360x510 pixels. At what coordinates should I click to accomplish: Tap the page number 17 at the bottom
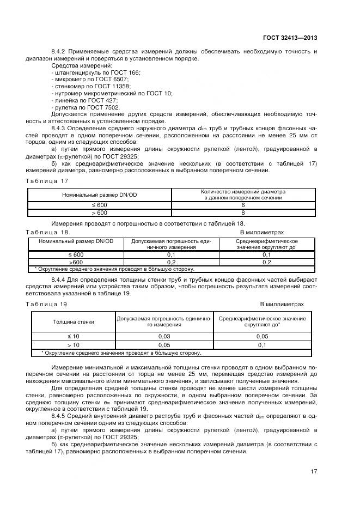point(314,471)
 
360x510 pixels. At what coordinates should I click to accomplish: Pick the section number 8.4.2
point(59,51)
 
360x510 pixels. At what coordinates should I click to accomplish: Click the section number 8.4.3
point(59,128)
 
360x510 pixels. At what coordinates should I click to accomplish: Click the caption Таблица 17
point(47,181)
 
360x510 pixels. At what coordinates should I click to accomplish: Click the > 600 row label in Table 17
point(99,212)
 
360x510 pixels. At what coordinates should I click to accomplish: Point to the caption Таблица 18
point(47,231)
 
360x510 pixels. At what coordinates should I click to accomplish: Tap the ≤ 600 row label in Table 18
point(76,254)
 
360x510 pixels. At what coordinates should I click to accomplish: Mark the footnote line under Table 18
point(114,269)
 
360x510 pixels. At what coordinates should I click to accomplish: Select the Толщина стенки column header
point(73,321)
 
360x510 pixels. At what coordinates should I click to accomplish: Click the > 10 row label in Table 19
point(73,345)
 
